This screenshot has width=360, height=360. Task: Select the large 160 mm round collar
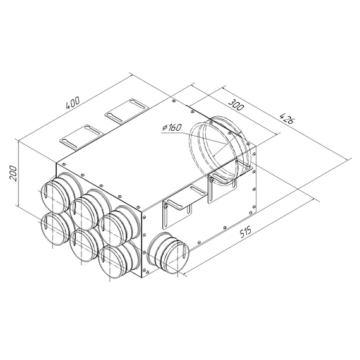pos(218,147)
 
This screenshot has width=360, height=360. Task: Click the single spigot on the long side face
pos(167,253)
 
